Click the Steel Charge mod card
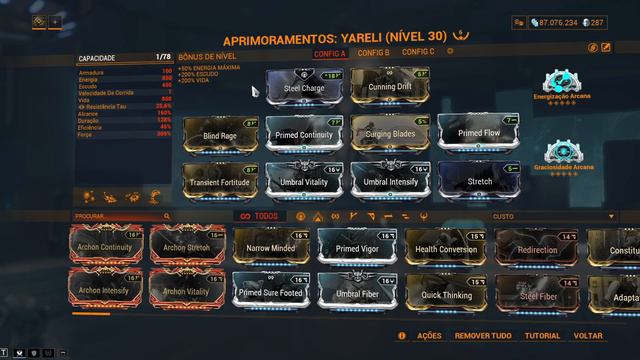(x=305, y=86)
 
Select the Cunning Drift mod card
(x=390, y=86)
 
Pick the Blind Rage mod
(x=220, y=134)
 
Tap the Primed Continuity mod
(x=305, y=134)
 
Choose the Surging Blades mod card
(x=390, y=134)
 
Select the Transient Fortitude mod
(x=220, y=181)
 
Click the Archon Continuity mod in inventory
(x=104, y=246)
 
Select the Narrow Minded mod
(x=270, y=247)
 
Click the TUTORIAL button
(x=542, y=337)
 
